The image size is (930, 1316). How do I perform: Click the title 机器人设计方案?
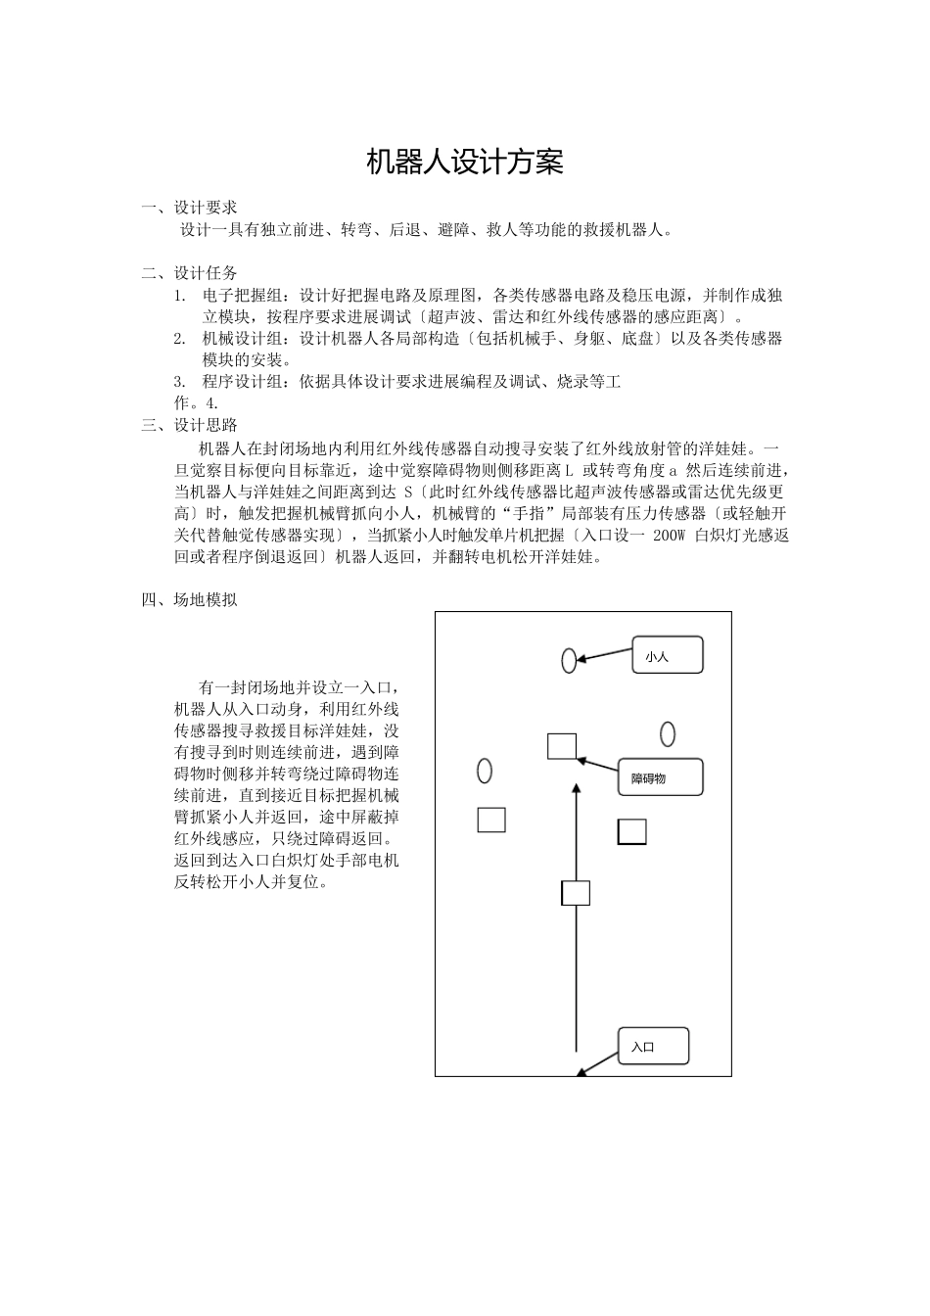pos(465,163)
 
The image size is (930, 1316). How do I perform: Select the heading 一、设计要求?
pos(190,208)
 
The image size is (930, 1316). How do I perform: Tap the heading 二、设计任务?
pos(190,273)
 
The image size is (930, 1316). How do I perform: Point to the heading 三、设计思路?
pos(190,425)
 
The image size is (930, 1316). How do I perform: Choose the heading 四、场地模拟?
pos(190,600)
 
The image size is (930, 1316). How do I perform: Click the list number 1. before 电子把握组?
pos(180,296)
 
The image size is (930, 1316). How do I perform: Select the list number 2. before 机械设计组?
pos(180,339)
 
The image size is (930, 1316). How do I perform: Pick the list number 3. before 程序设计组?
pos(180,382)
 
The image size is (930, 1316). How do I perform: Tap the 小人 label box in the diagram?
pos(668,656)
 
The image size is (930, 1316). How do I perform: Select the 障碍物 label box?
pos(661,777)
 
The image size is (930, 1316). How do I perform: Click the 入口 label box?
pos(653,1047)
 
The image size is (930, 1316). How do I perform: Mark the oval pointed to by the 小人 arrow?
pos(569,661)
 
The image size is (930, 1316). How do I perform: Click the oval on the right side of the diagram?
pos(668,733)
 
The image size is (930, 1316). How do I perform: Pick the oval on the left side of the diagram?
pos(484,771)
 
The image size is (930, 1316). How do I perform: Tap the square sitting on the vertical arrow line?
pos(576,893)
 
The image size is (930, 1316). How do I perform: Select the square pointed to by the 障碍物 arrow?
pos(561,746)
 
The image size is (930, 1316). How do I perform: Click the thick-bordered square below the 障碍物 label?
pos(632,831)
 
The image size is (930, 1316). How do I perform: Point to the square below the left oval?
pos(491,820)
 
